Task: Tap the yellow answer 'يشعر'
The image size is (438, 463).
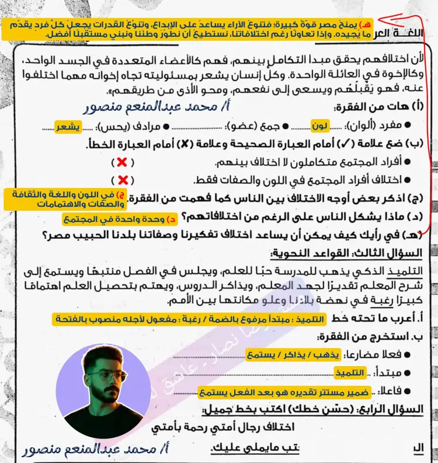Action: click(68, 126)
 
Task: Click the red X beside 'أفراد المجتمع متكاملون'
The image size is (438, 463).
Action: click(124, 162)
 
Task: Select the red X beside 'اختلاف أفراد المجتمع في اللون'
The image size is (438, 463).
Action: click(124, 180)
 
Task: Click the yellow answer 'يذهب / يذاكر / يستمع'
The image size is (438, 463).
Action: click(279, 354)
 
